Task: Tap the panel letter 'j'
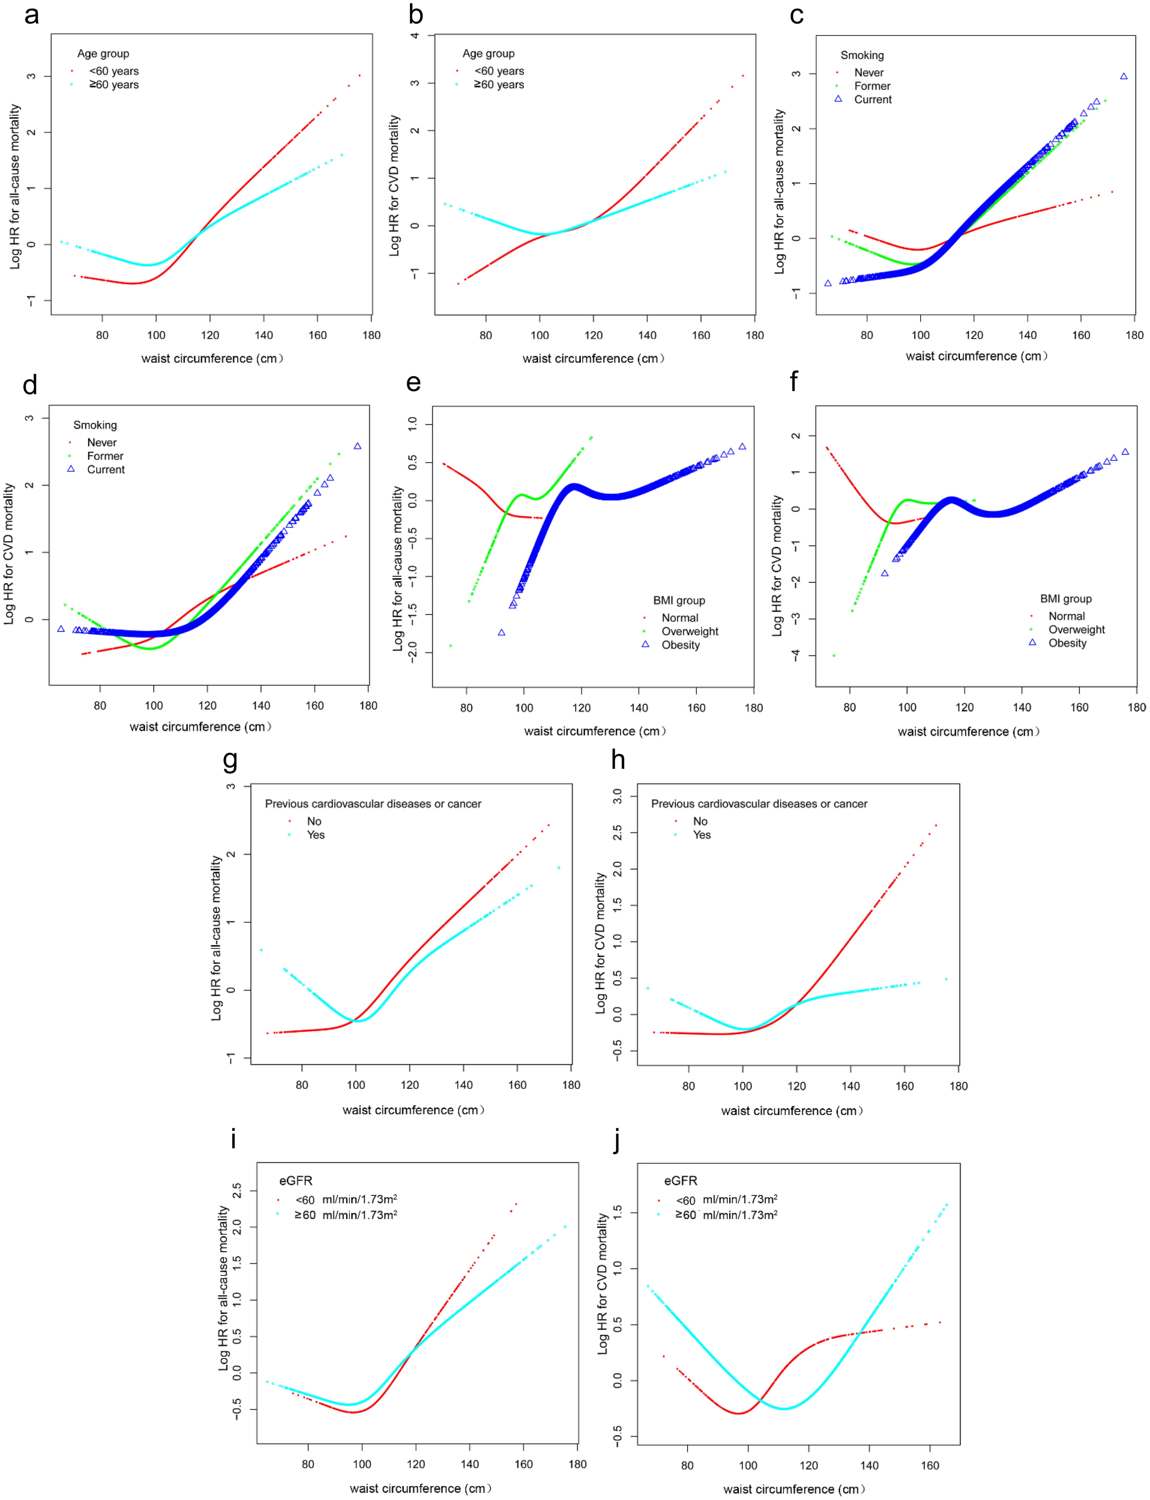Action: (618, 1140)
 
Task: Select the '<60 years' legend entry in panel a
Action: (114, 71)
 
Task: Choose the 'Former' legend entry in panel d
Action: (105, 456)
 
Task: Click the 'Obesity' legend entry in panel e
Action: (680, 645)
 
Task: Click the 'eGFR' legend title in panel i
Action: (296, 1181)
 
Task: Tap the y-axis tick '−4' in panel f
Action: (795, 655)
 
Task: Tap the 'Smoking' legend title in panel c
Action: (862, 56)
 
